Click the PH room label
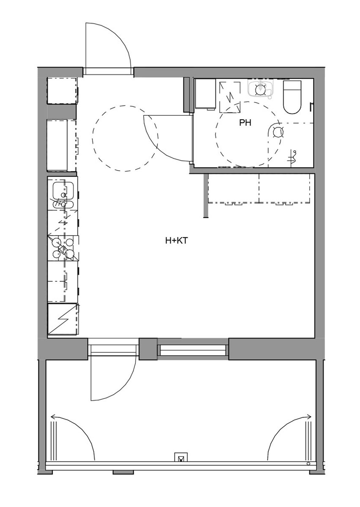(245, 123)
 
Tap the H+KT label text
(177, 241)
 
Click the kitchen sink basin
(63, 191)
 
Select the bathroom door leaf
(168, 115)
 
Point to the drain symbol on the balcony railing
(181, 458)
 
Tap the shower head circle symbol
(278, 132)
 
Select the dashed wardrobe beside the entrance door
(63, 90)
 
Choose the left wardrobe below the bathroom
(233, 188)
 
